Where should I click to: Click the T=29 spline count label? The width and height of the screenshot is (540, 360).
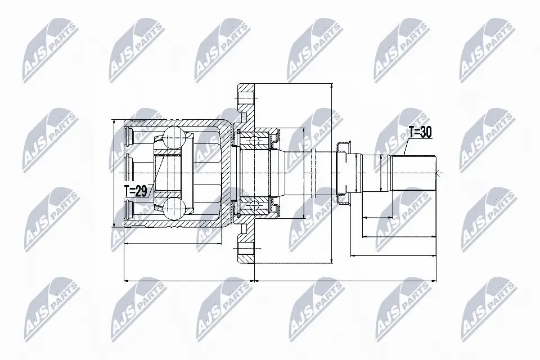click(x=136, y=191)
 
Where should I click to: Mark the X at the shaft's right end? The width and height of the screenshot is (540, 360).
click(x=438, y=172)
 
